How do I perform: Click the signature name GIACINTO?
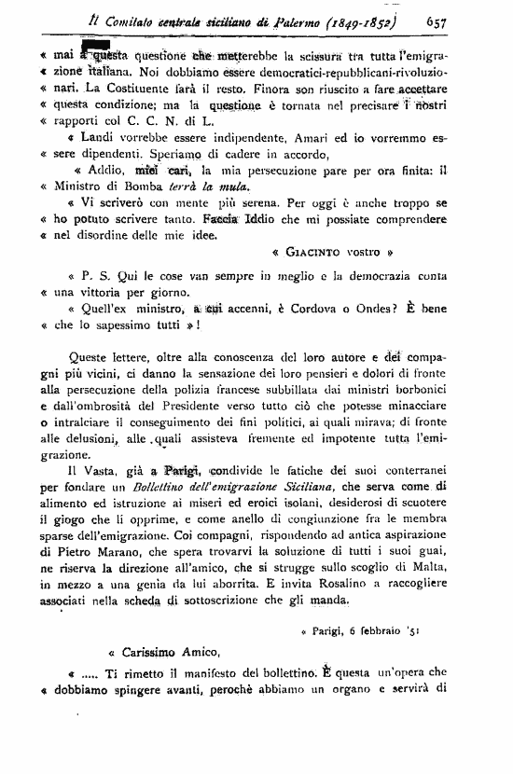(x=316, y=252)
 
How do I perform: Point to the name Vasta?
(x=96, y=467)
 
